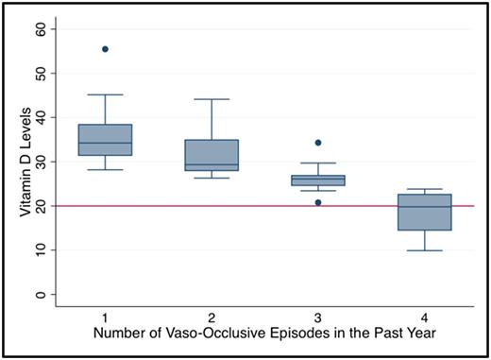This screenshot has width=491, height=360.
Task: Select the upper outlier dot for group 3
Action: tap(318, 143)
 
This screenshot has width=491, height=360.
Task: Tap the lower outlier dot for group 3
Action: tap(318, 202)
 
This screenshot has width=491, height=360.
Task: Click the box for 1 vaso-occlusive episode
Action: tap(105, 140)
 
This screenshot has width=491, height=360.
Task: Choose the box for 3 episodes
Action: tap(318, 180)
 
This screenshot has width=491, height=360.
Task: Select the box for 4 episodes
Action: tap(425, 212)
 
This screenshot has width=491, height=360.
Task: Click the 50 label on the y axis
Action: tap(40, 73)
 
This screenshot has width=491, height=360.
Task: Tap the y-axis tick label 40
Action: tap(40, 117)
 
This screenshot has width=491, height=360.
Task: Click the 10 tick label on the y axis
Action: tap(40, 250)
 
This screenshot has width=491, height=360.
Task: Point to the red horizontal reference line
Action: tap(264, 206)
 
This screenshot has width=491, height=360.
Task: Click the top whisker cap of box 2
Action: tap(212, 99)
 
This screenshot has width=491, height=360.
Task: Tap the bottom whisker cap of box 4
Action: tap(425, 250)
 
